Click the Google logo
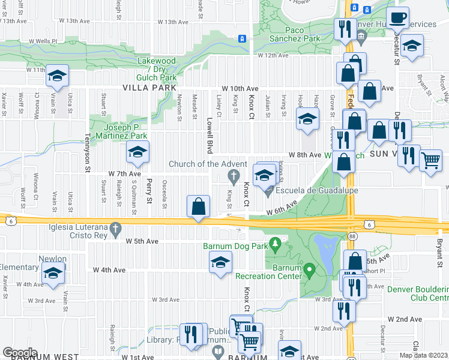pos(20,353)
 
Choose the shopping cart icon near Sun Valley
pos(430,160)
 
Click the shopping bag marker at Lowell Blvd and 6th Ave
pos(199,207)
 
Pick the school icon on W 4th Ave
pos(220,262)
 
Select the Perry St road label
pos(149,188)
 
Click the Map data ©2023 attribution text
pos(424,355)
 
